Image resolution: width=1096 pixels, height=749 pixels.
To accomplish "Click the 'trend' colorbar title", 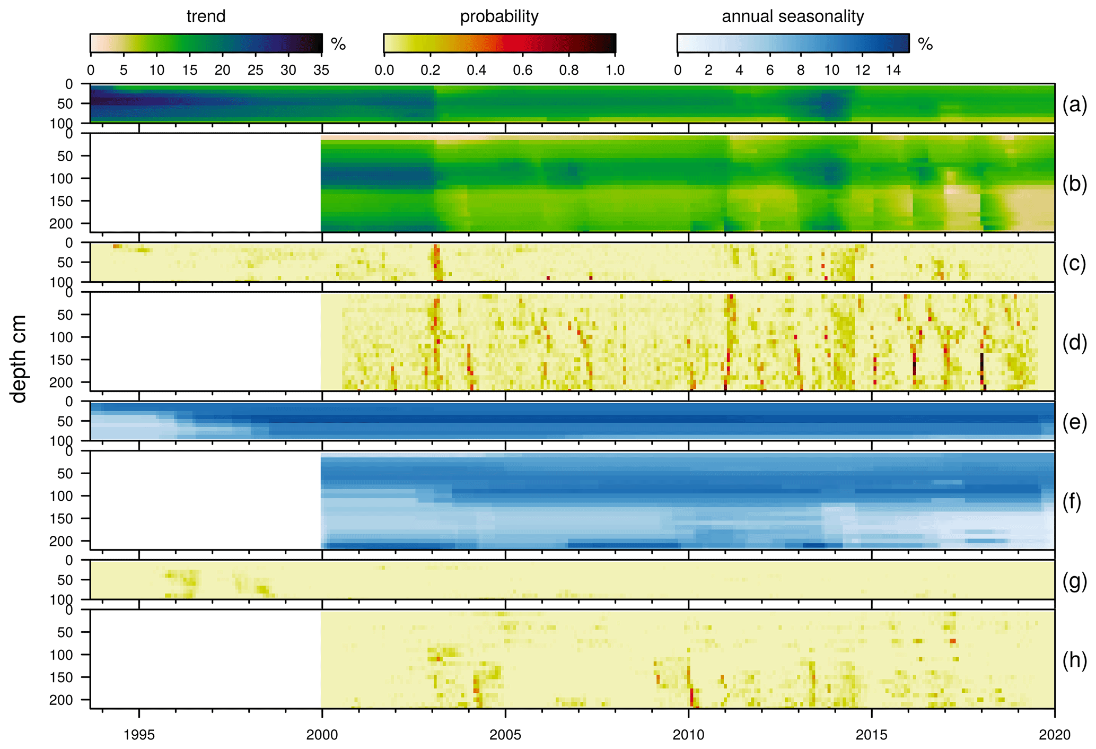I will pyautogui.click(x=206, y=16).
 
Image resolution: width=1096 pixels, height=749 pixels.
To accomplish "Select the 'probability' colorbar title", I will pyautogui.click(x=499, y=16).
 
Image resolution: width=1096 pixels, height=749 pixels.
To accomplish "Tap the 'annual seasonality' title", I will pyautogui.click(x=793, y=16).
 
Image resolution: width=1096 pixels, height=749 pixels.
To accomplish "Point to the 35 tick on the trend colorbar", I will pyautogui.click(x=321, y=70).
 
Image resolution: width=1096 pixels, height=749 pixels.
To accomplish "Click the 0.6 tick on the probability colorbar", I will pyautogui.click(x=522, y=70).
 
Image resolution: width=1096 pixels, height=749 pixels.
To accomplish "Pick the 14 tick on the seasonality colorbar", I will pyautogui.click(x=893, y=70).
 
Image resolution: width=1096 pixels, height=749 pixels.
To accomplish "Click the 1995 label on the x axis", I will pyautogui.click(x=139, y=735).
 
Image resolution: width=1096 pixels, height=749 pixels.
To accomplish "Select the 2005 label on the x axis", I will pyautogui.click(x=505, y=735).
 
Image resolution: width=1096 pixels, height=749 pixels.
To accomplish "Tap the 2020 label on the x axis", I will pyautogui.click(x=1054, y=735).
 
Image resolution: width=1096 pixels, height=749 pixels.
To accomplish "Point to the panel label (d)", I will pyautogui.click(x=1074, y=343).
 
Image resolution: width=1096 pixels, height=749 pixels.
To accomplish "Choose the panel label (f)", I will pyautogui.click(x=1074, y=501).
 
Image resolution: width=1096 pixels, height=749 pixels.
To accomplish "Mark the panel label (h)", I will pyautogui.click(x=1074, y=660).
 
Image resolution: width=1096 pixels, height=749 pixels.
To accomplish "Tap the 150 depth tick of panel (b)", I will pyautogui.click(x=63, y=201).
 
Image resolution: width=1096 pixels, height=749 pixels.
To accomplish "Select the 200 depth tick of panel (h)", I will pyautogui.click(x=63, y=700).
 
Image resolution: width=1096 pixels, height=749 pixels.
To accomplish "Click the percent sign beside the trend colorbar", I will pyautogui.click(x=338, y=44).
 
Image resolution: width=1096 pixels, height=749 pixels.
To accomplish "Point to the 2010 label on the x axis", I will pyautogui.click(x=688, y=735).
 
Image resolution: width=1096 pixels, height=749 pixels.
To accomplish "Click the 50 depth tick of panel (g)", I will pyautogui.click(x=66, y=580).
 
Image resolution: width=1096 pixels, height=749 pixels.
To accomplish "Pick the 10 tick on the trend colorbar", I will pyautogui.click(x=156, y=70).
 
